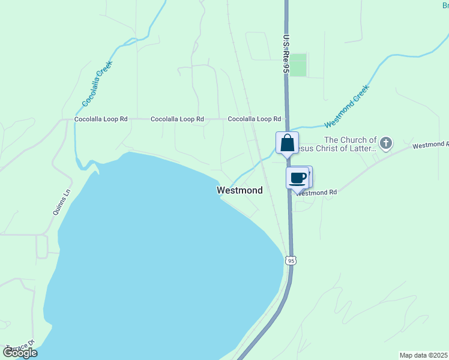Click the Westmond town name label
[240, 190]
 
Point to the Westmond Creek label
[346, 106]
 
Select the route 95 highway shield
[291, 260]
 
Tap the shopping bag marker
[287, 143]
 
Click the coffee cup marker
[297, 178]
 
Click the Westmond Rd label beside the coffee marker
[316, 193]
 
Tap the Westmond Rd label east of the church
[430, 145]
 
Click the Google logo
[20, 352]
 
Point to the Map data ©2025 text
[424, 355]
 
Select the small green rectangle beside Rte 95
[298, 65]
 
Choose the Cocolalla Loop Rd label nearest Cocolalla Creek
[101, 119]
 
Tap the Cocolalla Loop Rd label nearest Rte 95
[255, 119]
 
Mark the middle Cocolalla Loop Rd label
[177, 119]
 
